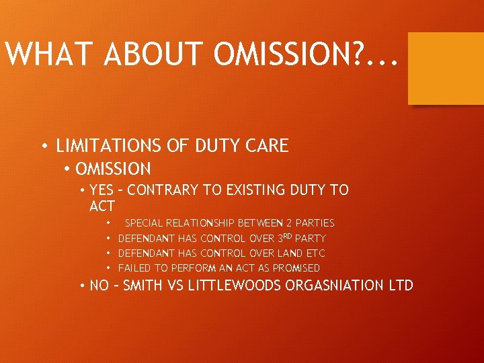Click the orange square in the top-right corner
click(446, 68)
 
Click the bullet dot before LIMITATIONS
click(44, 147)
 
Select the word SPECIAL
click(144, 223)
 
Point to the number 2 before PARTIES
click(289, 223)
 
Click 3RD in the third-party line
click(284, 238)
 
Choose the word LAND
click(290, 253)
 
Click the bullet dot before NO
click(82, 286)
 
